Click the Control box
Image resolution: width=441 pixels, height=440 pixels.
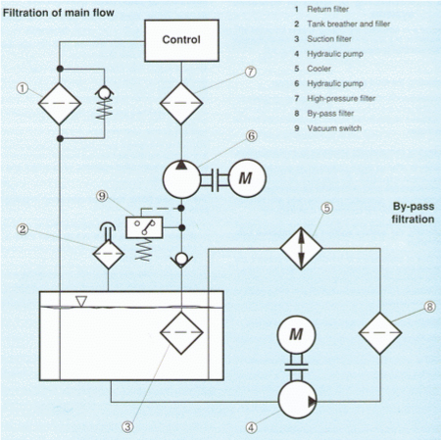[x=181, y=40]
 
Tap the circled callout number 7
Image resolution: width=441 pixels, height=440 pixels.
[x=251, y=72]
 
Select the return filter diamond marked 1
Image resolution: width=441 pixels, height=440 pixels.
[x=60, y=104]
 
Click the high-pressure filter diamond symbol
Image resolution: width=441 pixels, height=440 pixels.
[x=181, y=104]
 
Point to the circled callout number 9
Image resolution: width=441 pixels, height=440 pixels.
[x=102, y=196]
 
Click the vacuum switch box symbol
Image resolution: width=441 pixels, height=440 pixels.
[x=144, y=227]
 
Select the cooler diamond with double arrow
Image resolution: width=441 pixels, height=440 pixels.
[x=301, y=248]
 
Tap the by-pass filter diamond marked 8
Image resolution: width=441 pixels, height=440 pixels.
[x=380, y=333]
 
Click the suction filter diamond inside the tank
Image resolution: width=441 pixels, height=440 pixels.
[x=181, y=333]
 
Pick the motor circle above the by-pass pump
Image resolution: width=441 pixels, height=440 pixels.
[x=296, y=335]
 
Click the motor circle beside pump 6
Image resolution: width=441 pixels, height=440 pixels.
[x=247, y=178]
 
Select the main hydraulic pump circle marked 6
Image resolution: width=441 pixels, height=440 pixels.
[x=181, y=179]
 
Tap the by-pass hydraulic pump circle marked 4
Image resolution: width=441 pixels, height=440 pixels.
[x=297, y=401]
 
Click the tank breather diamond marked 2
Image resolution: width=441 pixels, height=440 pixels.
[x=109, y=254]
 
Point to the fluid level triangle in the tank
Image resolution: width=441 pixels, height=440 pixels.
[x=81, y=301]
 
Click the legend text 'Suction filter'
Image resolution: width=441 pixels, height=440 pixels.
[x=329, y=39]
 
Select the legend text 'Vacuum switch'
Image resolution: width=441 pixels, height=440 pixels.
[x=334, y=128]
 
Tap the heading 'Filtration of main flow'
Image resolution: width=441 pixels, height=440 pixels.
[x=59, y=13]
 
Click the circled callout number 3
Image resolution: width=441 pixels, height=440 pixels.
[x=127, y=426]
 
